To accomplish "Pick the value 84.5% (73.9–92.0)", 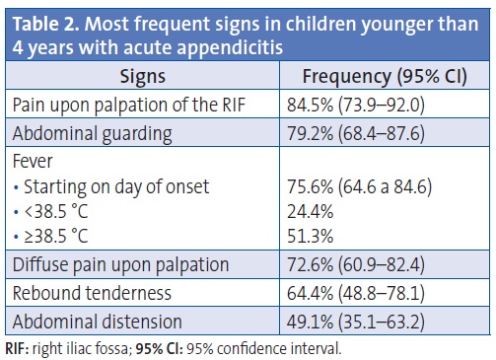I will pos(369,105).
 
